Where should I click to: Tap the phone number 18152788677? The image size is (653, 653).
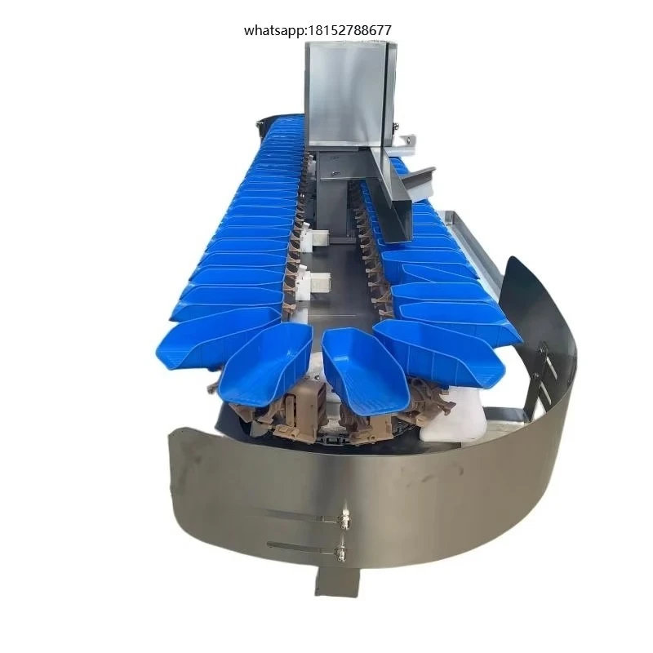[x=350, y=30]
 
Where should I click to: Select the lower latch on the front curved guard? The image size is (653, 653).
[x=341, y=552]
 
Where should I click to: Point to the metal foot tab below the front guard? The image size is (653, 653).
[x=337, y=581]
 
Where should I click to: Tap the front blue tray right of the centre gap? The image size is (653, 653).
[x=363, y=366]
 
